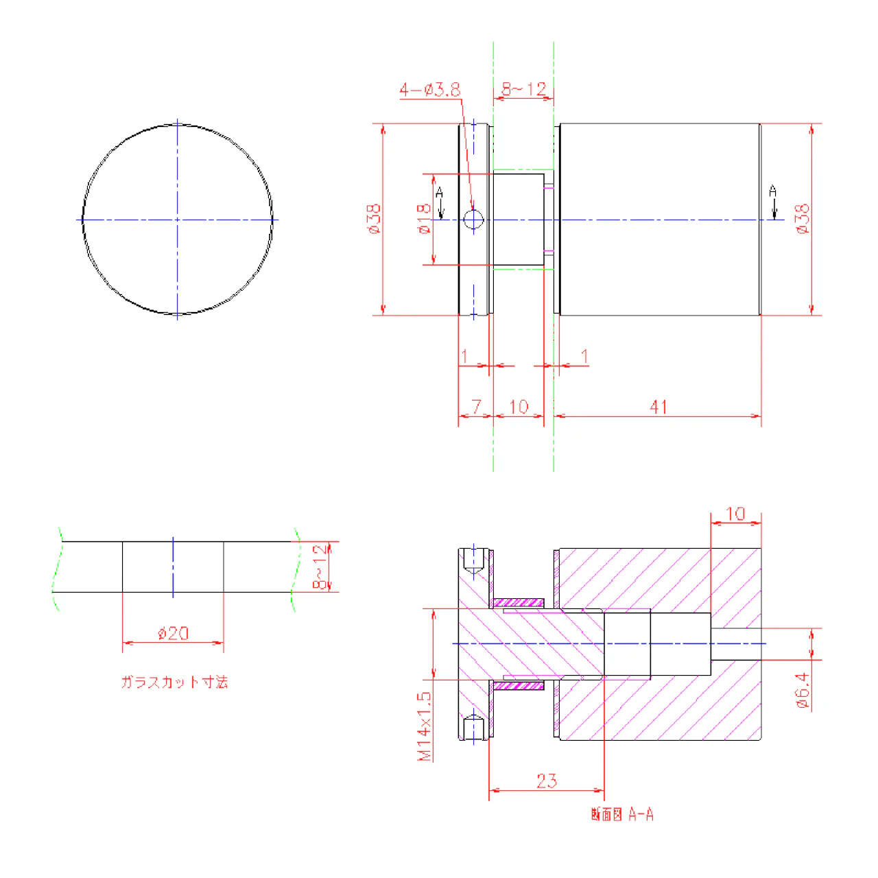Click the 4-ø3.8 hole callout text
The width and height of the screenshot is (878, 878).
tap(429, 89)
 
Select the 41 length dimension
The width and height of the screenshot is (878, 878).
tap(658, 407)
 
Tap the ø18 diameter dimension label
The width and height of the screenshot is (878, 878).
tap(424, 219)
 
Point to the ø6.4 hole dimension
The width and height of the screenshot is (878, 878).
tap(803, 690)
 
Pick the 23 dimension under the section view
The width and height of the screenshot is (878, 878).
tap(546, 781)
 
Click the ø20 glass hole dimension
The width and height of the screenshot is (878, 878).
tap(173, 633)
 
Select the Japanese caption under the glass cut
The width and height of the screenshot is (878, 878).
tap(174, 682)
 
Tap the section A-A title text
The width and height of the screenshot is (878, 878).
tap(622, 814)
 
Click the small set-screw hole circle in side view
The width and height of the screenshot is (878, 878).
tap(473, 219)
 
